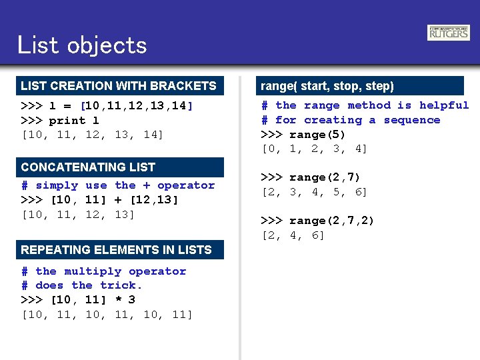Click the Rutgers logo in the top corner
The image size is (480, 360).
pos(448,33)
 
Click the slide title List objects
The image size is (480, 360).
pos(82,45)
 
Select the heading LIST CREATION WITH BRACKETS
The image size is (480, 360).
pos(119,86)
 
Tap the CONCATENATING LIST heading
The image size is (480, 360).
pos(88,167)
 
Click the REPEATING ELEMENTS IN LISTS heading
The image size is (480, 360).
pos(116,250)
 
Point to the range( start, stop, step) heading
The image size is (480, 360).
pos(327,86)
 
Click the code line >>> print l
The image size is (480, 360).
pos(60,121)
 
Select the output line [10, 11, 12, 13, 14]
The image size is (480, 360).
pos(93,135)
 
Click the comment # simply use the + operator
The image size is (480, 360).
pos(118,185)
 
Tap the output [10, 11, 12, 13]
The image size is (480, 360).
pos(79,215)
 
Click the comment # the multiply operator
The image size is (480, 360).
pos(103,271)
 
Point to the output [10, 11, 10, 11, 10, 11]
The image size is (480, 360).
pos(107,315)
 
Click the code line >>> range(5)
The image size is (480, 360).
pos(303,135)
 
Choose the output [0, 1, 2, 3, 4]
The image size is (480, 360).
pos(314,149)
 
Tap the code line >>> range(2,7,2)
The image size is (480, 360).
pos(317,221)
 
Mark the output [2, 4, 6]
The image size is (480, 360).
pos(293,235)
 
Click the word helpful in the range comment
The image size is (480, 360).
pos(444,105)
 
